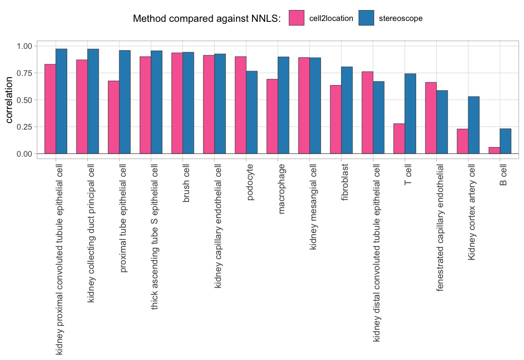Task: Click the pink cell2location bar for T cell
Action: coord(399,139)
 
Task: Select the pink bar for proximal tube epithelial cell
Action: coord(114,117)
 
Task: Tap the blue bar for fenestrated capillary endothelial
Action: coord(442,122)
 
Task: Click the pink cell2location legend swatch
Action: coord(296,18)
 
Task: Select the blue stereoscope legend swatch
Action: coord(366,18)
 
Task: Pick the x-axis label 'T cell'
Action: coord(409,175)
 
